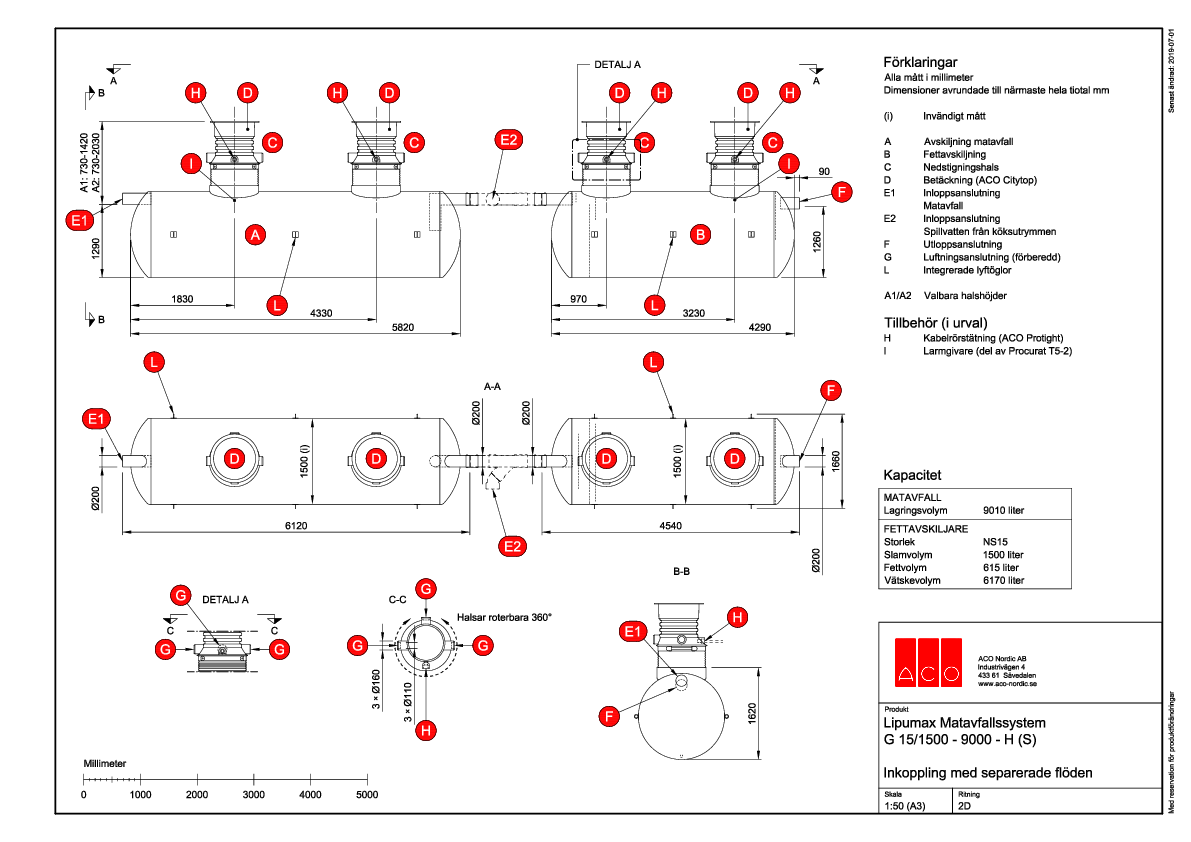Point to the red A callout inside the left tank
256,235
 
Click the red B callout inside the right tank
701,235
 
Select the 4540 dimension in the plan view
670,524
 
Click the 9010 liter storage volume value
1004,510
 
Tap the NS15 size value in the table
996,540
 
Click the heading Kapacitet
912,474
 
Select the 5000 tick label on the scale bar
367,794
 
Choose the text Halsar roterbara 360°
504,617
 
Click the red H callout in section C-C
426,730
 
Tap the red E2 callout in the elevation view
508,140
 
